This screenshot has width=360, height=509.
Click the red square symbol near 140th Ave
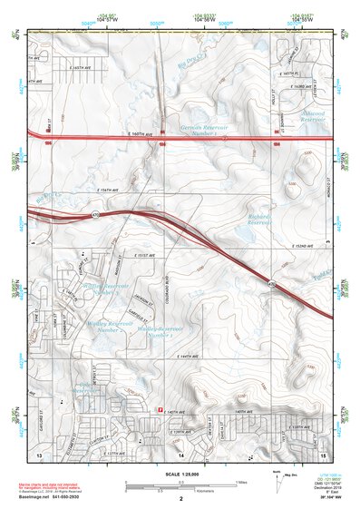tap(161, 407)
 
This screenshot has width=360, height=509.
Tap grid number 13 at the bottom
tap(39, 452)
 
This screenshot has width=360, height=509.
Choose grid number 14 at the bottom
tap(180, 452)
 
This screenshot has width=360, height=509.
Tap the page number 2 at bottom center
tap(181, 499)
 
